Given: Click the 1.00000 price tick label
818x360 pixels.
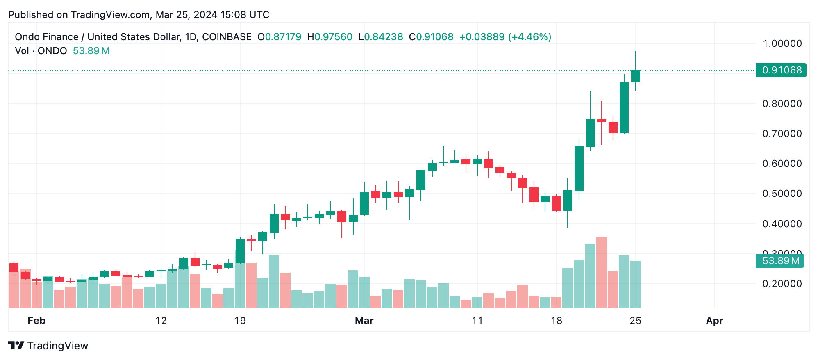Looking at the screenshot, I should [x=782, y=43].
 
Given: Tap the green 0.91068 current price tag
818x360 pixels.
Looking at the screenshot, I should [x=781, y=70].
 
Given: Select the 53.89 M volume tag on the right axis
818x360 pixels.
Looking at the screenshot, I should [x=780, y=261].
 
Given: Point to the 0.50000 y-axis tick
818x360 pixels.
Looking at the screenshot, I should [x=782, y=194].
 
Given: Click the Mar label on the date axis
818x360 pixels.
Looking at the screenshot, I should [x=364, y=321].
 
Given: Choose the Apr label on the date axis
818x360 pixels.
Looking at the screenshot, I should [x=714, y=321].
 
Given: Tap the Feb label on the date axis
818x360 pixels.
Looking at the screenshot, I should [x=36, y=321].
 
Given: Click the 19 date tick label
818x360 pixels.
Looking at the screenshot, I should [x=240, y=321].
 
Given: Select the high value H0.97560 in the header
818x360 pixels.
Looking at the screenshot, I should [x=329, y=37].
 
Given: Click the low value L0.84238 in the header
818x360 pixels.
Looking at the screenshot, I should [x=381, y=37].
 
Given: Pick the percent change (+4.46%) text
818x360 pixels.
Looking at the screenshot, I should [x=529, y=37].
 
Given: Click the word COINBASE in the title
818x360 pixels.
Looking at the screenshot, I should [x=227, y=37].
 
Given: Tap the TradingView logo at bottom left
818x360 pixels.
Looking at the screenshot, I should [x=48, y=346].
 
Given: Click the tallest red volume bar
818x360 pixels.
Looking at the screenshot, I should [x=602, y=272].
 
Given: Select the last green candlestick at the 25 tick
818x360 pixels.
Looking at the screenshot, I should [x=636, y=76].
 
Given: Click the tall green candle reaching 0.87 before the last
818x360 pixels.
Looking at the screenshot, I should [x=624, y=107].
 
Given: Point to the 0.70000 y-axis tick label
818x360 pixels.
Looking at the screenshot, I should [x=782, y=134].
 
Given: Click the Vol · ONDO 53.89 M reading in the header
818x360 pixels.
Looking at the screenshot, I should [x=62, y=51].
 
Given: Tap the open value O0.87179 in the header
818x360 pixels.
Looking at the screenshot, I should [x=279, y=37].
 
